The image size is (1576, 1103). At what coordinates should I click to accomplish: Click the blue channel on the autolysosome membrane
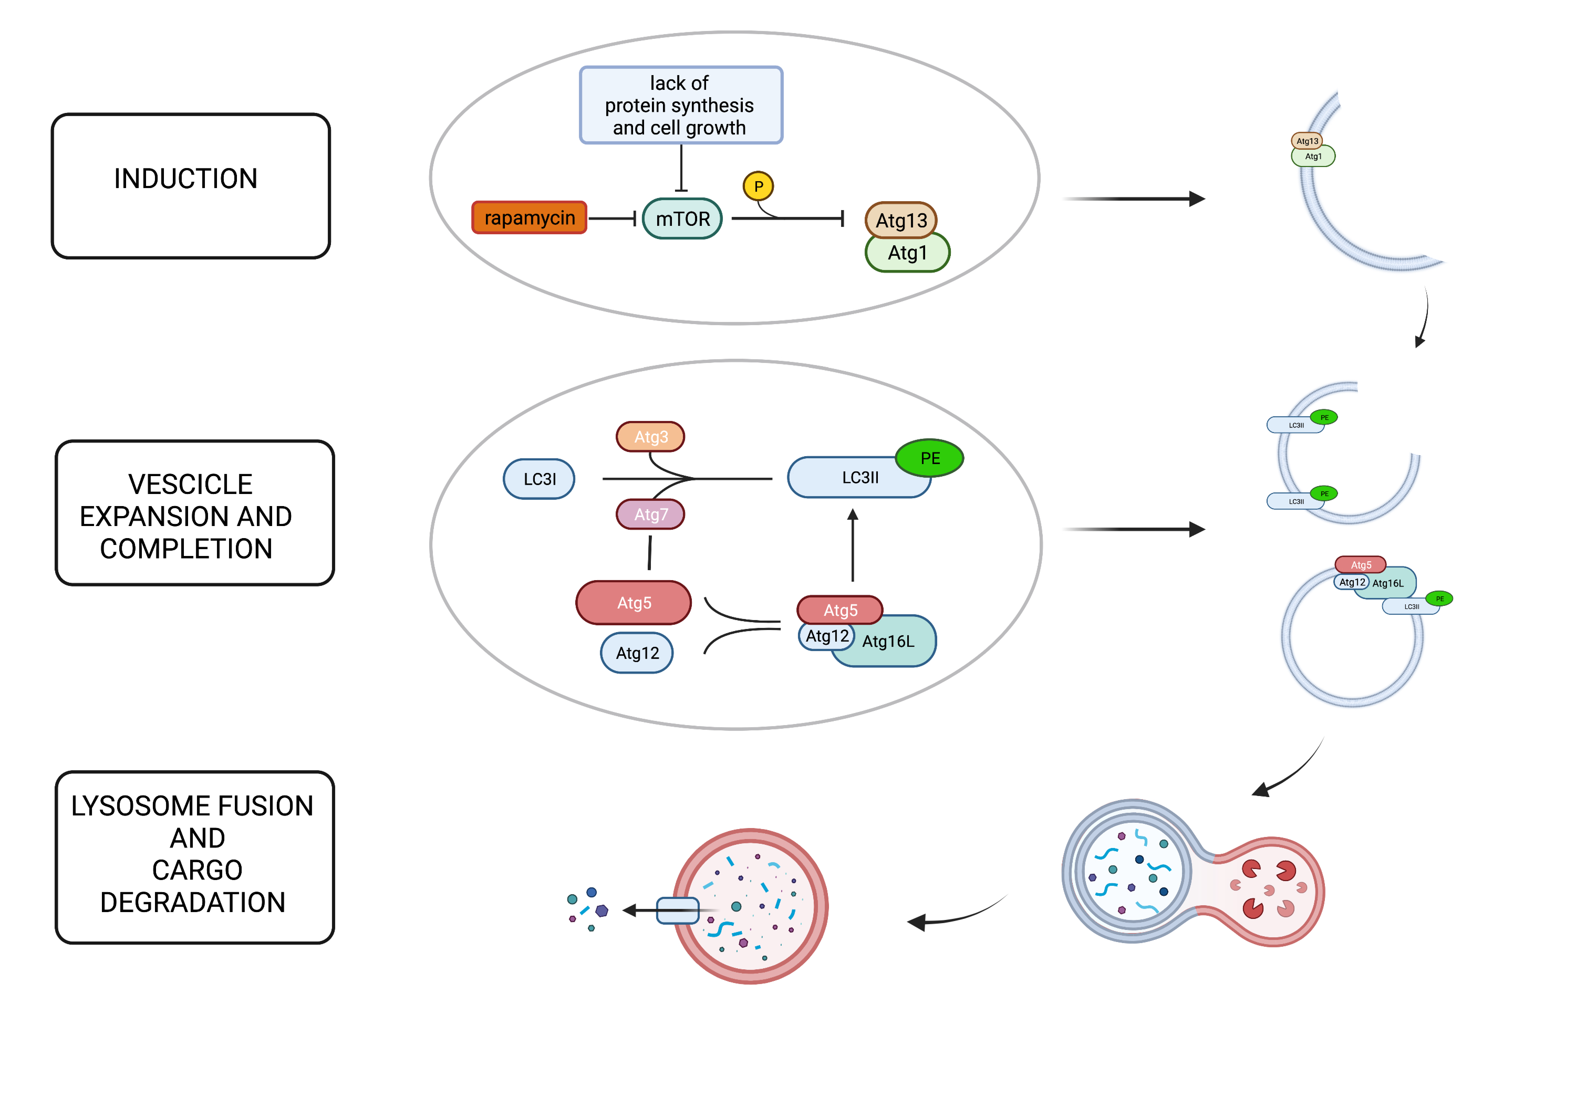(677, 910)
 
